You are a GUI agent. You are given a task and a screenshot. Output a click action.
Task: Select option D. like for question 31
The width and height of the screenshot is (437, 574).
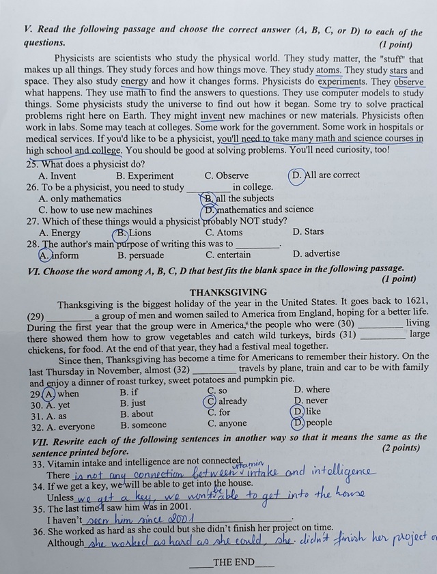click(306, 412)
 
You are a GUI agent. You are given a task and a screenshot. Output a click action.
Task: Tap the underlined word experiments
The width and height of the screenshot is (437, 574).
click(345, 81)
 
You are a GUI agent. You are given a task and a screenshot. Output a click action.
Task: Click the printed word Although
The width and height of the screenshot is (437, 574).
click(66, 543)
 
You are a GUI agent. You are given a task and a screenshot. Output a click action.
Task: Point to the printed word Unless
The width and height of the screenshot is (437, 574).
click(61, 498)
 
